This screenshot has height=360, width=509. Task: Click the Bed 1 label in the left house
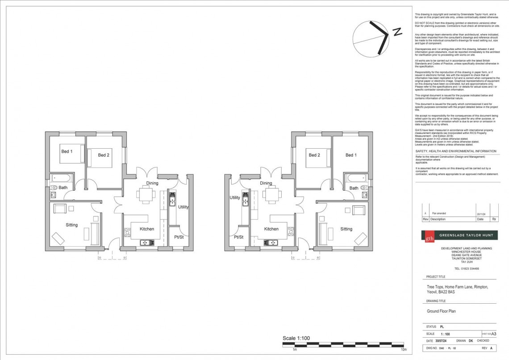[x=67, y=151]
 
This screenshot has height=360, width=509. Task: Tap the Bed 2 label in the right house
[x=314, y=155]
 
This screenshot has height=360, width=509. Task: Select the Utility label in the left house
[x=183, y=207]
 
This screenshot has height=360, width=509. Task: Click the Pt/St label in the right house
[x=238, y=237]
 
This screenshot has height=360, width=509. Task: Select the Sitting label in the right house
[x=346, y=229]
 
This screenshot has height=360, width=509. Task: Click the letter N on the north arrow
[x=396, y=31]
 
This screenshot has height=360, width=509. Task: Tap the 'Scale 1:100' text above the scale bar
[x=296, y=338]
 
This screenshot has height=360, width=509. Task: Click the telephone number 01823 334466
[x=467, y=268]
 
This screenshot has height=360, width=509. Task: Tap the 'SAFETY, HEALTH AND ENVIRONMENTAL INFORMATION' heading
[x=455, y=151]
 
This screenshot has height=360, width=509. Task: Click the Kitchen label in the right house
[x=271, y=229]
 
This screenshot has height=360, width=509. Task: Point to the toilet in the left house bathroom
[x=53, y=188]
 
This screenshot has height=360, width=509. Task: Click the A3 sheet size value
[x=494, y=334]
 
